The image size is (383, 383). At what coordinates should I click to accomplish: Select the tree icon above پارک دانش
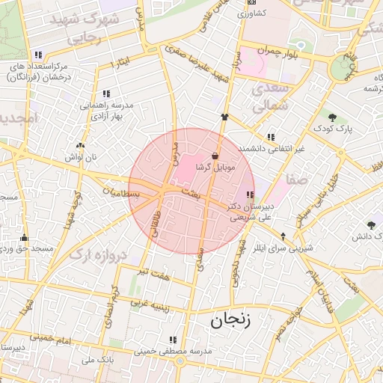[371, 224]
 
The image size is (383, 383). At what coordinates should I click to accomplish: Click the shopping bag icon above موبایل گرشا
[215, 156]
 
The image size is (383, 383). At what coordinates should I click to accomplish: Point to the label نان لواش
[81, 158]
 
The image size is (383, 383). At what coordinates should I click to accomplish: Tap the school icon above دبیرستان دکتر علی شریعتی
[249, 194]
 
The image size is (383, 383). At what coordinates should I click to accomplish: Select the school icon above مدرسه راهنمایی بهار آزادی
[106, 94]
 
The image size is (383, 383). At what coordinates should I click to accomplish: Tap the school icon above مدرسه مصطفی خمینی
[174, 339]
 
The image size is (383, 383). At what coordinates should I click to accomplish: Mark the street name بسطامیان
[123, 193]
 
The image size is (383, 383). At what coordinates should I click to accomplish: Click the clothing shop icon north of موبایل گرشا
[224, 116]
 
